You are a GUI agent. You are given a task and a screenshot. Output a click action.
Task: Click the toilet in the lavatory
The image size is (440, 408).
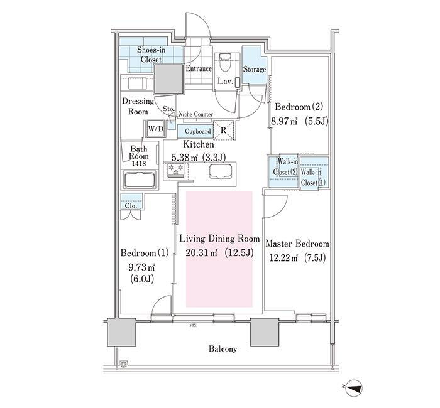point(225,62)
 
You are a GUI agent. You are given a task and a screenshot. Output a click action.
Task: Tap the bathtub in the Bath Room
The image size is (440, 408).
point(140,180)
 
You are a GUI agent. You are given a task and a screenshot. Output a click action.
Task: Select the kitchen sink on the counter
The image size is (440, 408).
point(221,171)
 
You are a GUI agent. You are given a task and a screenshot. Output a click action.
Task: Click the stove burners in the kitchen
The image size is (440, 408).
point(176,170)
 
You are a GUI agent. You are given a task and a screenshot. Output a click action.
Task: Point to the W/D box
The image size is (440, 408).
point(156,129)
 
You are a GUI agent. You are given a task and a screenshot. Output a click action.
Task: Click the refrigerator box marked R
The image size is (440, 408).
point(224,130)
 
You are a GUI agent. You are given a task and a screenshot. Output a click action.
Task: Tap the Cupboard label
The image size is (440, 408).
point(197,131)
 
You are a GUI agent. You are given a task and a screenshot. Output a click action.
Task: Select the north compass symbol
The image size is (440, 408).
point(353,387)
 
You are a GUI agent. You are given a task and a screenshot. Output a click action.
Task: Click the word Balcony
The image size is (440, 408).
point(223,349)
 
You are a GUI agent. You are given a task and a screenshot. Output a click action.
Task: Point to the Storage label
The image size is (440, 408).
point(254,69)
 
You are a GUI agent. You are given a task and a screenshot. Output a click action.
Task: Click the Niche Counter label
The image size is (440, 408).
point(196,114)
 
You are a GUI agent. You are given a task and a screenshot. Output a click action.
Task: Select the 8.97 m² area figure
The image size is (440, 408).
point(284,122)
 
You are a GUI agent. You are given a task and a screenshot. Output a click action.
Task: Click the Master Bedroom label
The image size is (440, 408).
point(297,244)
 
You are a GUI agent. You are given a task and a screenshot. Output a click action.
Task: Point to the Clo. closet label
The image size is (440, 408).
point(131,206)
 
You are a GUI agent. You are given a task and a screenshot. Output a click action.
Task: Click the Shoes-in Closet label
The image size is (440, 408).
point(151,55)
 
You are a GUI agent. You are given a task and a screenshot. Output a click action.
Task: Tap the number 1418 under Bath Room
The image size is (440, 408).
point(139,163)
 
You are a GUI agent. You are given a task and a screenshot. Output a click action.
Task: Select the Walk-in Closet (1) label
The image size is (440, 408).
point(311,177)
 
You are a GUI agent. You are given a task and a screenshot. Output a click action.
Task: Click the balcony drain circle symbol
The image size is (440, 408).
point(123,364)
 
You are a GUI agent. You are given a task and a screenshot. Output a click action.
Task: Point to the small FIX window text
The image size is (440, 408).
point(193,326)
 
